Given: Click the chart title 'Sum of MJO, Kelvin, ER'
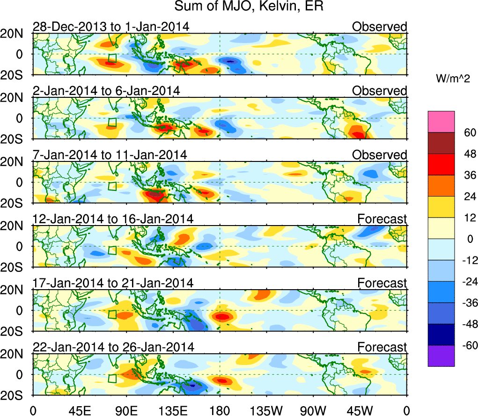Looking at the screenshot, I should (249, 7).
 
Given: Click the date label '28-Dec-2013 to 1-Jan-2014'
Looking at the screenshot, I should (110, 27).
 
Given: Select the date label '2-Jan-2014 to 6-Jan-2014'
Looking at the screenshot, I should (106, 91).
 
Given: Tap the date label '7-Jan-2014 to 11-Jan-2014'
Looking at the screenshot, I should (110, 155).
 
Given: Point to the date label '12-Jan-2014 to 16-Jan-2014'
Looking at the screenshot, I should (113, 219).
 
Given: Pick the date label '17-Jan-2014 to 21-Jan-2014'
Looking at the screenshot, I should (113, 283).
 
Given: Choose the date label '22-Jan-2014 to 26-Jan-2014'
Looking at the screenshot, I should (113, 347).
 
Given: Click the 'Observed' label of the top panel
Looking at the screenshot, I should (380, 27).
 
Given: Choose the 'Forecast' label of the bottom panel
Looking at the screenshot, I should (382, 347).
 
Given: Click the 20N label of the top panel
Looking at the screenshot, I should (16, 33).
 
